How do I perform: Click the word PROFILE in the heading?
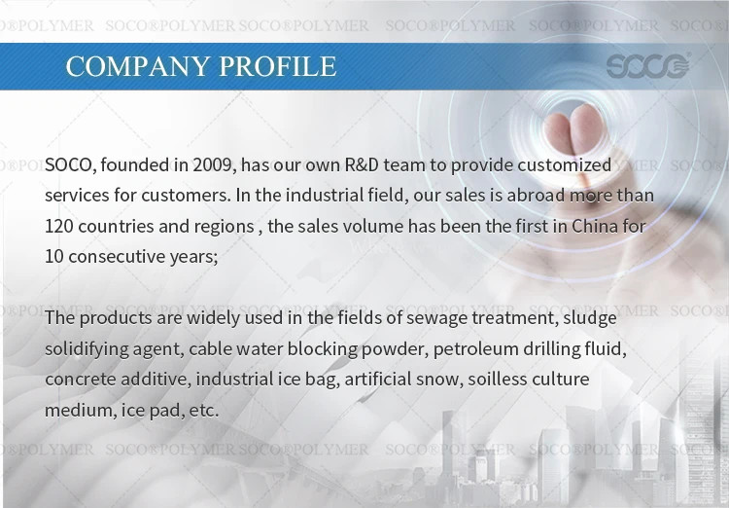278,66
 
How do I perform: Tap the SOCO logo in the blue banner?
648,65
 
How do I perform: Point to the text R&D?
362,164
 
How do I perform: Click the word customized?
565,164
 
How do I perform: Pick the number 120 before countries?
59,227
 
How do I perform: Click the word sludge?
590,317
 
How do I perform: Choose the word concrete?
81,379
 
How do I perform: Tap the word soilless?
497,379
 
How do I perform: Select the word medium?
79,411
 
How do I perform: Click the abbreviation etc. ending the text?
204,411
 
